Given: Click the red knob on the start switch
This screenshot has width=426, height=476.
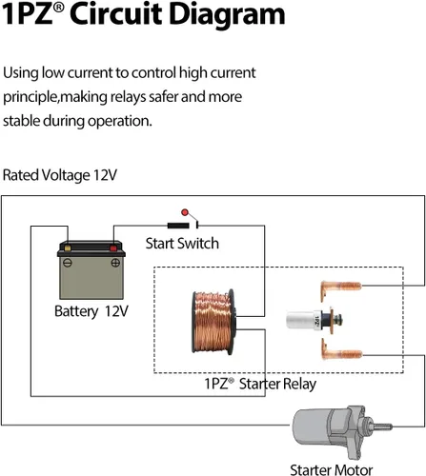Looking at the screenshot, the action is click(185, 212).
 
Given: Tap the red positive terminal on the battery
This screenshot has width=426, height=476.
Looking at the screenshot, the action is click(113, 248).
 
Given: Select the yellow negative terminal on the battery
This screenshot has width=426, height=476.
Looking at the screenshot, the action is click(68, 248).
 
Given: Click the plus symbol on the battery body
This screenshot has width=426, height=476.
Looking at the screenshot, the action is click(115, 263).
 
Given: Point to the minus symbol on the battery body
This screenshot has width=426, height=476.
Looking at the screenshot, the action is click(68, 263).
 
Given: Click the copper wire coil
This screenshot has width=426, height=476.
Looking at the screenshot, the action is click(213, 322).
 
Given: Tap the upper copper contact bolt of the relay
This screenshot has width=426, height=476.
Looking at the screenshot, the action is click(340, 289).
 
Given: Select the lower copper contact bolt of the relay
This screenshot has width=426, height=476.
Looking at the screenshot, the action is click(341, 350).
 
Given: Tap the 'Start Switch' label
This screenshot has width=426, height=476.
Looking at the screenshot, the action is click(182, 244).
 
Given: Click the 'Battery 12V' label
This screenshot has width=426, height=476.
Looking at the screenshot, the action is click(91, 311).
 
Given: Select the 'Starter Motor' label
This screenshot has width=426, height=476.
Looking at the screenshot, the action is click(332, 469).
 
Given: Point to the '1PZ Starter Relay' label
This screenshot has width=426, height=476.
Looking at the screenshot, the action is click(260, 384).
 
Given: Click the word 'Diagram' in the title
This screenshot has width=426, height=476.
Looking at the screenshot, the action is click(227, 14).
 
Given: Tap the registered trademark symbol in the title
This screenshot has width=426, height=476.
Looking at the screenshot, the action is click(58, 8).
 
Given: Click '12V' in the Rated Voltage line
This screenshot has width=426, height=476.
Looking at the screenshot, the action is click(105, 175).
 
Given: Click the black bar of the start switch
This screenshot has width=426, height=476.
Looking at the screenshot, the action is click(178, 226).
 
